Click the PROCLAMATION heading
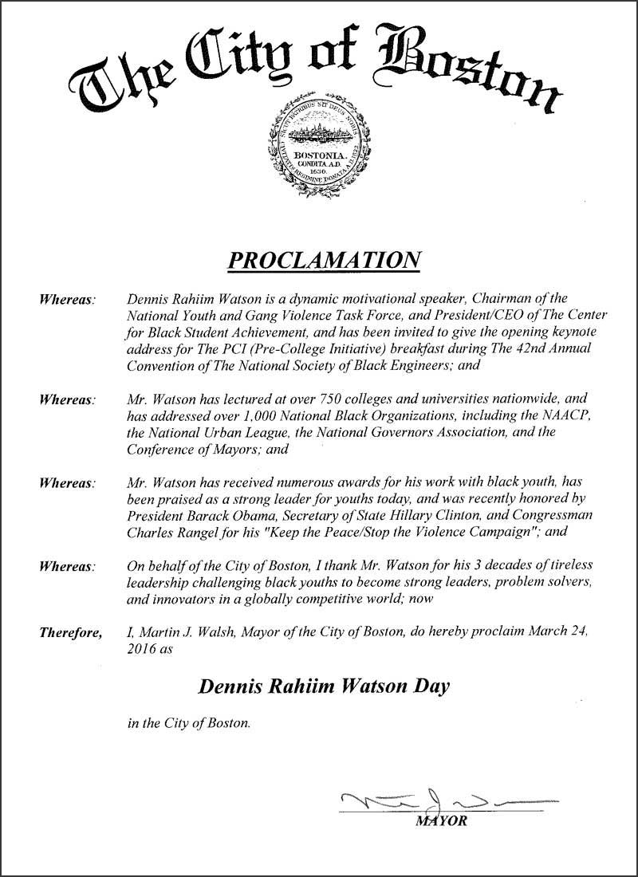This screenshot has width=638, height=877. pos(324,260)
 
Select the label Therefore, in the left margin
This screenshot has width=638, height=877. pos(70,634)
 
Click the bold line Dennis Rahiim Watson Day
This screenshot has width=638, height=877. pos(324,686)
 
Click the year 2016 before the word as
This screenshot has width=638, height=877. pos(141,650)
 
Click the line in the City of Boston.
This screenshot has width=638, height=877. pos(188,724)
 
